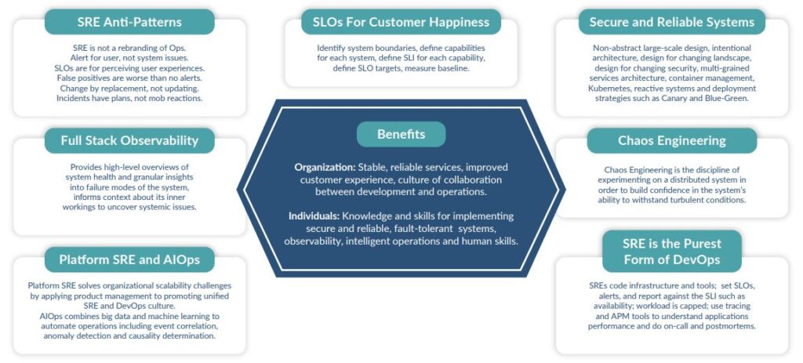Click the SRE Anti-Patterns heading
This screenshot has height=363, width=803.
129,21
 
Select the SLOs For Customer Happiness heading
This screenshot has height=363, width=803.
401,21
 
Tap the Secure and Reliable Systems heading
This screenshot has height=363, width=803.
671,21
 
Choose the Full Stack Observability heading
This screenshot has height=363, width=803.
129,141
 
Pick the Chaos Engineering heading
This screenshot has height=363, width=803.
671,141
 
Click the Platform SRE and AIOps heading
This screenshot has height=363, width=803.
129,260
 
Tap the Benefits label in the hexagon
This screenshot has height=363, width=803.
401,134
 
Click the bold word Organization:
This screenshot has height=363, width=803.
325,167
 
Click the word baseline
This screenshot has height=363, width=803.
449,69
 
